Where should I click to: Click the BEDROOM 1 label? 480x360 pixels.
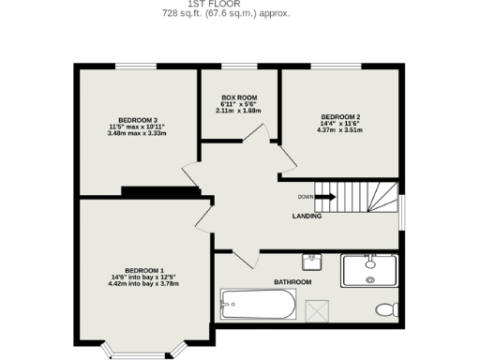tap(143, 269)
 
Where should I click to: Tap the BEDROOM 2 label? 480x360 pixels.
tap(340, 116)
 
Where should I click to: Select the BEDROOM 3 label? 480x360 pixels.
tap(137, 119)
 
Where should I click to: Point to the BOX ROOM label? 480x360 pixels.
tap(238, 97)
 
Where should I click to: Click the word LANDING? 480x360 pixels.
tap(307, 216)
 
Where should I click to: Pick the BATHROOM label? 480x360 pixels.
tap(292, 281)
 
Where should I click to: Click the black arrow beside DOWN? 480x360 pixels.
tap(325, 197)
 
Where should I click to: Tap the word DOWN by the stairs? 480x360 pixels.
tap(306, 197)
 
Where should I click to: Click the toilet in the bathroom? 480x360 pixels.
tap(385, 308)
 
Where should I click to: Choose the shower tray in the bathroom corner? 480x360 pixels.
tap(370, 270)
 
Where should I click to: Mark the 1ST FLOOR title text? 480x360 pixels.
tap(227, 4)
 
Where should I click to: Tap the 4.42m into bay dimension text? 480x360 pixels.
tap(143, 284)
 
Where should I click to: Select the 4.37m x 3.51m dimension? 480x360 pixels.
tap(340, 130)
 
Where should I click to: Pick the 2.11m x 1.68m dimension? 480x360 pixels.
tap(238, 111)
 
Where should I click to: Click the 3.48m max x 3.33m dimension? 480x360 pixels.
tap(137, 133)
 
